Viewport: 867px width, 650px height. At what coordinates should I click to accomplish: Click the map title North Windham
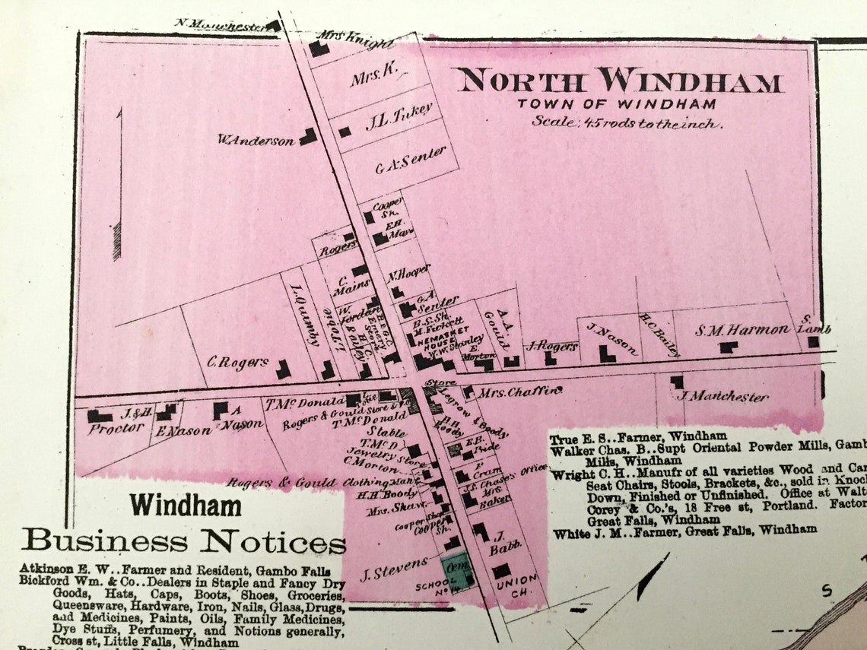tap(619, 81)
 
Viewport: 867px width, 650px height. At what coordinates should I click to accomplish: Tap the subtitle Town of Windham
tap(617, 104)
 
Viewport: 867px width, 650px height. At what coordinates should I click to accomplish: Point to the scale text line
tap(627, 122)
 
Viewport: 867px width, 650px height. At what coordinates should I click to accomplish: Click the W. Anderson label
tap(256, 140)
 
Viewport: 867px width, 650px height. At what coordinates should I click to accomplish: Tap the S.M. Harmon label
tap(742, 330)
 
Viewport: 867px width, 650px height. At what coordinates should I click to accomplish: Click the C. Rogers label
tap(237, 363)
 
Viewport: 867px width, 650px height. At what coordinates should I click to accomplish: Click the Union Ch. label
tap(518, 585)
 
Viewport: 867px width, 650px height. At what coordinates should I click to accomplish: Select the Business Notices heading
tap(183, 541)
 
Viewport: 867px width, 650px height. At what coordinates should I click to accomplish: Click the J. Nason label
tap(613, 339)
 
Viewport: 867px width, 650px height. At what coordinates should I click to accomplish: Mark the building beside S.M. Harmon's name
tap(729, 347)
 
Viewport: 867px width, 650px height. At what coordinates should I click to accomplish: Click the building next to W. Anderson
tap(308, 136)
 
